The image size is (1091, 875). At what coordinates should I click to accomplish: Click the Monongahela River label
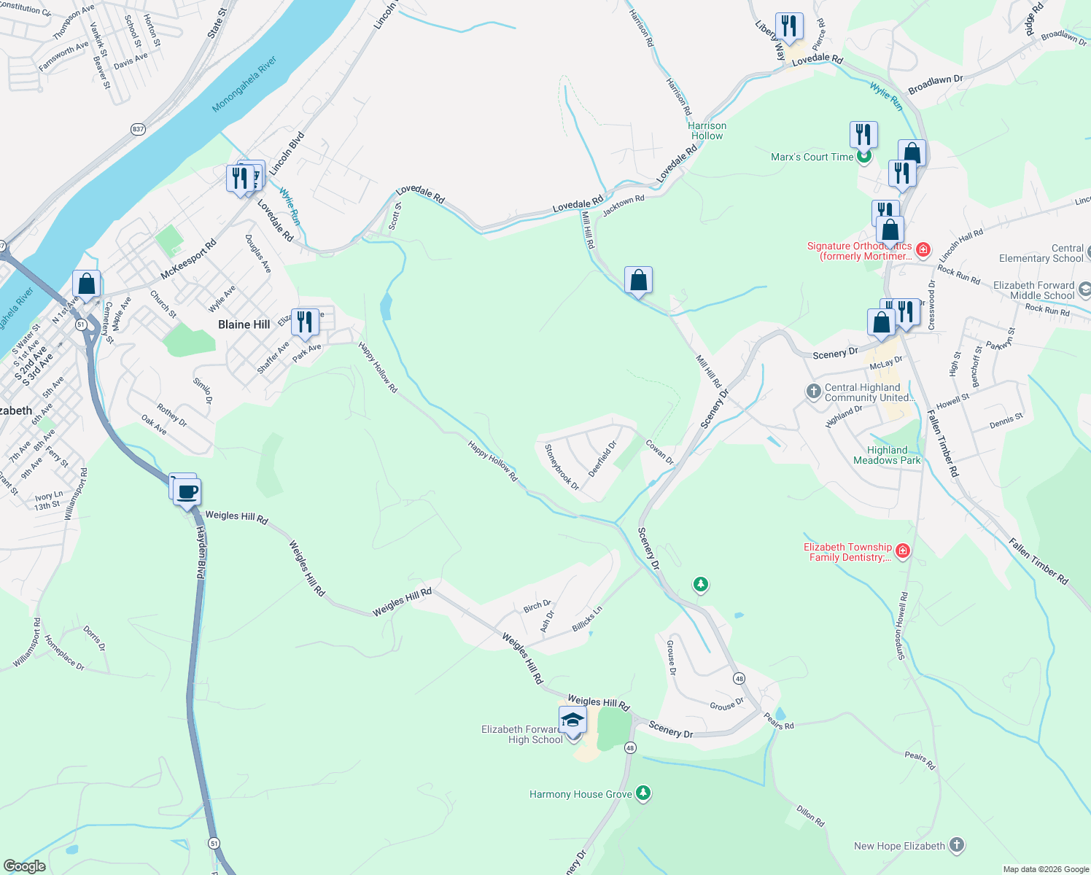pyautogui.click(x=244, y=85)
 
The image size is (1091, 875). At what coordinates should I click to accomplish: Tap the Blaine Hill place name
pyautogui.click(x=244, y=324)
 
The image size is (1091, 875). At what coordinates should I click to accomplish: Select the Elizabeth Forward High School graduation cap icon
pyautogui.click(x=573, y=720)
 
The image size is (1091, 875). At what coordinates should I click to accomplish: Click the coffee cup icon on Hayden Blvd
pyautogui.click(x=187, y=492)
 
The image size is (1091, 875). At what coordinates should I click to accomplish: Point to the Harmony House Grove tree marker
pyautogui.click(x=642, y=793)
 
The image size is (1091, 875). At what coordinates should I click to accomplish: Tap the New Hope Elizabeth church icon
pyautogui.click(x=957, y=845)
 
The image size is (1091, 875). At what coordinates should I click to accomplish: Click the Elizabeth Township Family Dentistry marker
pyautogui.click(x=903, y=551)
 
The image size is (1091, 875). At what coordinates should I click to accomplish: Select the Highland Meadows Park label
pyautogui.click(x=887, y=455)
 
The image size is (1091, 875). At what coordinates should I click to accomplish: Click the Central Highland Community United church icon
pyautogui.click(x=814, y=392)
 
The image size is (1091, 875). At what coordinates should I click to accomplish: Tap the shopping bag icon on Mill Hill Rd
pyautogui.click(x=638, y=280)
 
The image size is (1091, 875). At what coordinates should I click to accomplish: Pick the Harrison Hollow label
pyautogui.click(x=707, y=131)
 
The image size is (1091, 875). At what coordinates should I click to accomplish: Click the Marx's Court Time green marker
pyautogui.click(x=864, y=156)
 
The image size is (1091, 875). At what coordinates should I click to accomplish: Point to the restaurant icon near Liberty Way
pyautogui.click(x=789, y=26)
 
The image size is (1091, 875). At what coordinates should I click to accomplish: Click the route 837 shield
pyautogui.click(x=139, y=129)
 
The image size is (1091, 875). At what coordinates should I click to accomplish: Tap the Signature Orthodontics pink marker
pyautogui.click(x=923, y=250)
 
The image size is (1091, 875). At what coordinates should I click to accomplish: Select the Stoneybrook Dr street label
pyautogui.click(x=562, y=467)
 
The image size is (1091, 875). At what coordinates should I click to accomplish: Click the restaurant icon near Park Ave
pyautogui.click(x=305, y=322)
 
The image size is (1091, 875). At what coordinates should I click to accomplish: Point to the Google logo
pyautogui.click(x=25, y=866)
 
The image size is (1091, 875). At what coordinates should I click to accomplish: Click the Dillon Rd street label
pyautogui.click(x=810, y=815)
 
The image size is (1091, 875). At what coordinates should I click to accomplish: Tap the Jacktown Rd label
pyautogui.click(x=624, y=205)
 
